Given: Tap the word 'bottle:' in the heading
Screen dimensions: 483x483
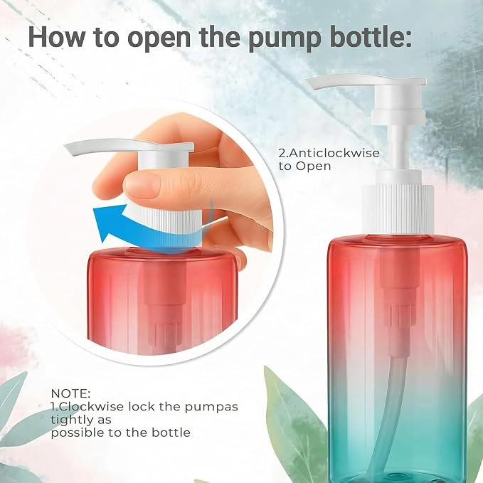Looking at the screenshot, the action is [368, 36].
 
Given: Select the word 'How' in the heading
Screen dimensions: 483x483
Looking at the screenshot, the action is [57, 36].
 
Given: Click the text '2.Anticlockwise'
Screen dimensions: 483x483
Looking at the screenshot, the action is [329, 153].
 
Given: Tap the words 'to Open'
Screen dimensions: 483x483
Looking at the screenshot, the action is [305, 166].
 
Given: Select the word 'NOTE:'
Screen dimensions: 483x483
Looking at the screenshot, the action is [70, 393].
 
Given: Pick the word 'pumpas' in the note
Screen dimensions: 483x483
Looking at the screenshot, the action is [211, 408].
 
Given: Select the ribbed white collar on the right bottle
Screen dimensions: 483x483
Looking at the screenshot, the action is [398, 209].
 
